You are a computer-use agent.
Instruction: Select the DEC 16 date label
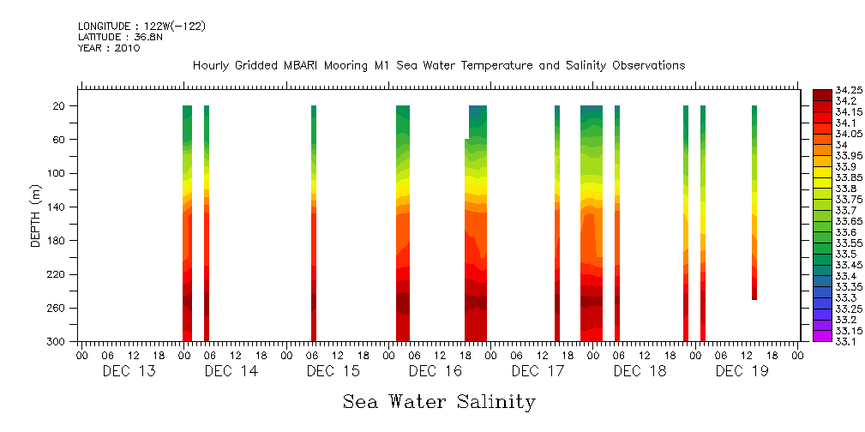(436, 371)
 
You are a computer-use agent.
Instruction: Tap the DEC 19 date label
(742, 371)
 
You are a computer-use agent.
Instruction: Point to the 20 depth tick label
(60, 105)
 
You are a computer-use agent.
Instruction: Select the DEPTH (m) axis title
(36, 215)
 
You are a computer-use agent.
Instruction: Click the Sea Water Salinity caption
(439, 401)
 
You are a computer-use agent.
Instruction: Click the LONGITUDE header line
(141, 27)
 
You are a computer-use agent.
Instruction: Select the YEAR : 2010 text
(109, 48)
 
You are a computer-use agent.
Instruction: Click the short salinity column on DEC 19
(754, 202)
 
